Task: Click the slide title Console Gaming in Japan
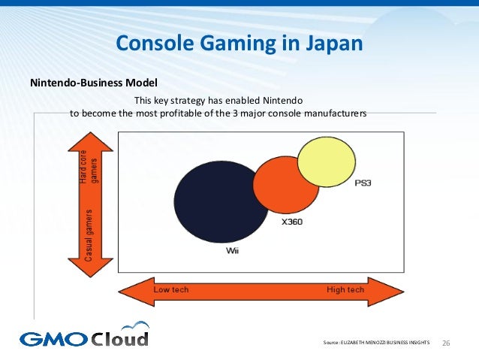(x=239, y=44)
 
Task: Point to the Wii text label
(x=233, y=250)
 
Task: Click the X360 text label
(x=292, y=222)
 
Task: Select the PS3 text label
(x=363, y=183)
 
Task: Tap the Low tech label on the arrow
(x=171, y=289)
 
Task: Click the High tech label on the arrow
(x=345, y=289)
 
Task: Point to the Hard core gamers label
(x=89, y=167)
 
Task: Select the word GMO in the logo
(x=54, y=339)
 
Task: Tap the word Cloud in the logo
(x=120, y=337)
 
